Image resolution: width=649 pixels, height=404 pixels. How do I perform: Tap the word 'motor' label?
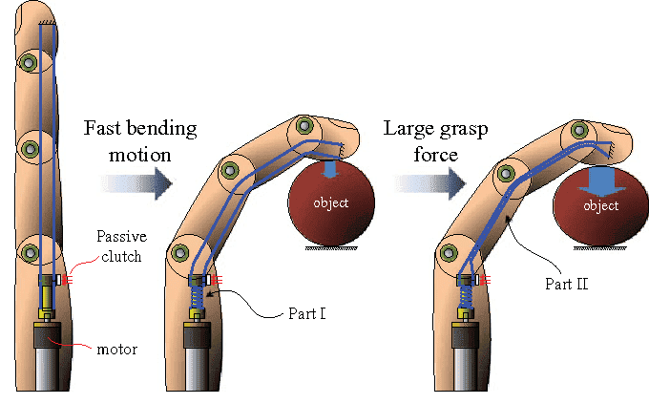coord(116,349)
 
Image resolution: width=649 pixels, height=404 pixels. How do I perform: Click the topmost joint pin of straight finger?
coord(30,63)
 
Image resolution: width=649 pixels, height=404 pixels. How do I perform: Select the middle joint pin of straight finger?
coord(30,149)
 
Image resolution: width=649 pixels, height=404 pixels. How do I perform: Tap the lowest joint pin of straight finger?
coord(30,252)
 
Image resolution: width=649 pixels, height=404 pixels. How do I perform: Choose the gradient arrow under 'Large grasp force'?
coord(421,182)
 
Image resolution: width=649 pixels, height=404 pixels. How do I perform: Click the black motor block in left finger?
coord(46,337)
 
